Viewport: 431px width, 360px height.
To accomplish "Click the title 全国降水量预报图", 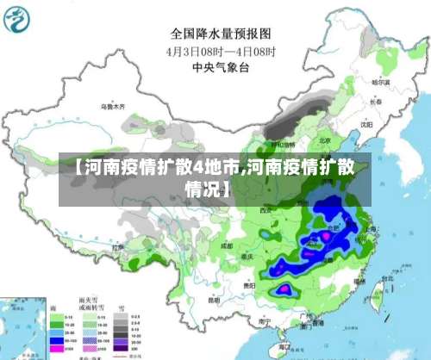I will click(x=220, y=34).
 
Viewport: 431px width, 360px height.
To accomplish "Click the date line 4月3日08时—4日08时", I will click(x=220, y=51).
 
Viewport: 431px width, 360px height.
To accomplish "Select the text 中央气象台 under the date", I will click(x=220, y=66).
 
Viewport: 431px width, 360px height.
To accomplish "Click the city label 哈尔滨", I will click(x=380, y=83).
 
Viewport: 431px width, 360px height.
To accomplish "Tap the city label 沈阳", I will click(x=367, y=123).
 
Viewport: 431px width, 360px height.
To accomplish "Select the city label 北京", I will click(x=324, y=140).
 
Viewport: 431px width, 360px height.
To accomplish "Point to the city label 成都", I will click(x=227, y=245).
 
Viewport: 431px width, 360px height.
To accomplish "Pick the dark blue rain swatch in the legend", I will click(x=55, y=340).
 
